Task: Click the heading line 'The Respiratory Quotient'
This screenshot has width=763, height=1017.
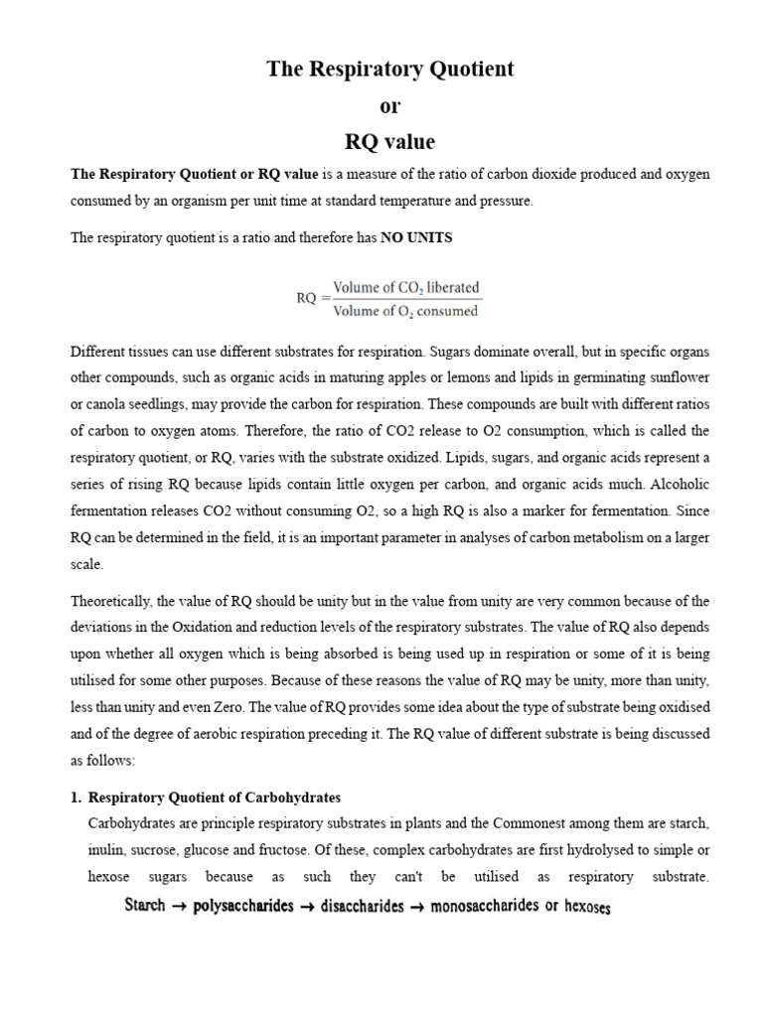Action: (389, 70)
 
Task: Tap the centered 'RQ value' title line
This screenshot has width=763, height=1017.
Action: (389, 141)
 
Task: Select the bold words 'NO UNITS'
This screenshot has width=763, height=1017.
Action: (412, 237)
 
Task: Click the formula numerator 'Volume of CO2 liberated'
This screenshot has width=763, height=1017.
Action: (405, 287)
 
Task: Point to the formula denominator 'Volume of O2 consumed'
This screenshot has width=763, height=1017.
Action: (405, 311)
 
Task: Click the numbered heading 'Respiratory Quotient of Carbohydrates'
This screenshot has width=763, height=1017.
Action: (215, 798)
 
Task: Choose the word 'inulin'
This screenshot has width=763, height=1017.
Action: (106, 850)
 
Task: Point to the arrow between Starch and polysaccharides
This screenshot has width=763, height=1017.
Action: (181, 906)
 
